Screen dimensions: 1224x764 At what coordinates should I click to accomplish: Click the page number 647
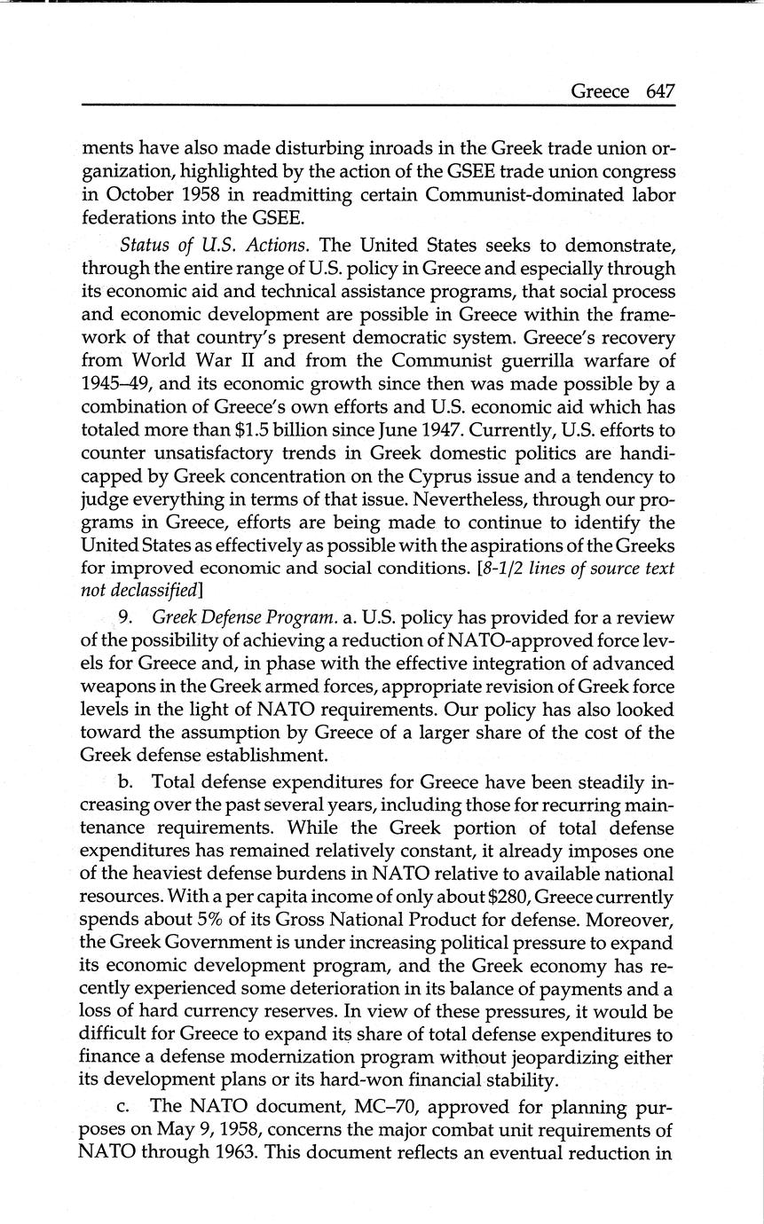click(661, 92)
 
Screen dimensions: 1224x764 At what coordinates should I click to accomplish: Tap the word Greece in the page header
click(600, 92)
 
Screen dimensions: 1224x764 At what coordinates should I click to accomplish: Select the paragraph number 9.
click(125, 617)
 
